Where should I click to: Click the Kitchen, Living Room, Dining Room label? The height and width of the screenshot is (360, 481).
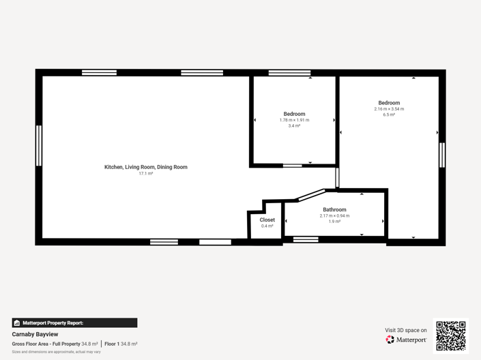(145, 167)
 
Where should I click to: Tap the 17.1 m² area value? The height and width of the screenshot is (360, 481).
(145, 174)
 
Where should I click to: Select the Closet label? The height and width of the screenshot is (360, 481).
(267, 220)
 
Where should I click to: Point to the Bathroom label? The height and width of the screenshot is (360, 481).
(334, 210)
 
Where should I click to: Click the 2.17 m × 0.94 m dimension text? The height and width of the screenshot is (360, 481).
(334, 216)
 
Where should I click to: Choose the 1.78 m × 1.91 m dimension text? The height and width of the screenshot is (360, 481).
(294, 120)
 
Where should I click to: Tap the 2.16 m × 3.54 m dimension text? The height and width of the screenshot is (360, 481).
(389, 109)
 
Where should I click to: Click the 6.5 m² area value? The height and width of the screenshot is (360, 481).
(389, 115)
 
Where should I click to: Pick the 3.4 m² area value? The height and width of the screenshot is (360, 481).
(294, 126)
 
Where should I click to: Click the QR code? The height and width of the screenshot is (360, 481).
(450, 335)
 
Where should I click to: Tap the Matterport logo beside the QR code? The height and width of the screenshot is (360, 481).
(407, 340)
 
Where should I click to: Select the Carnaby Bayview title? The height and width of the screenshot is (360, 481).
(35, 334)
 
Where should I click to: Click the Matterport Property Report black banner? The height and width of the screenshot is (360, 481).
(74, 322)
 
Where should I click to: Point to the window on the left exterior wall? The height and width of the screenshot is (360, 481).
(39, 145)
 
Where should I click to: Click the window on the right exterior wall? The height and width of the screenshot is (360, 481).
(442, 155)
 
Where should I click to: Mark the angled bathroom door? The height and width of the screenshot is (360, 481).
(311, 195)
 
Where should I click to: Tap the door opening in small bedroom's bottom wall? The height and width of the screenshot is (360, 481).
(292, 165)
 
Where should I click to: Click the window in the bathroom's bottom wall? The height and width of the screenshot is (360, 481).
(306, 239)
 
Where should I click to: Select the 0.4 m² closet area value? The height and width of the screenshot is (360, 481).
(267, 226)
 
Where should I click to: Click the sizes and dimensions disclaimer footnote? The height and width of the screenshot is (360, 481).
(56, 352)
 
